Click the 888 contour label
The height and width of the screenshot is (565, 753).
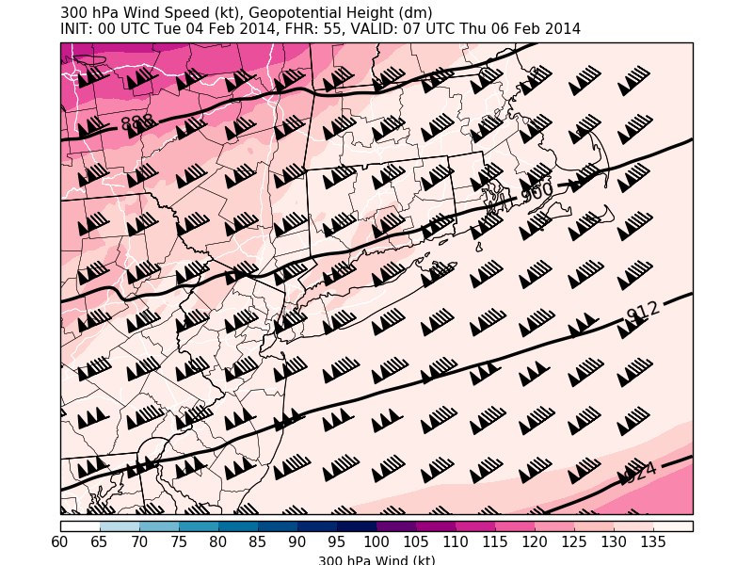pyautogui.click(x=137, y=123)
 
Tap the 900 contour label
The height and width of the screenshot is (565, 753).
pyautogui.click(x=537, y=191)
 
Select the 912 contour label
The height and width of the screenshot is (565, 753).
pyautogui.click(x=644, y=311)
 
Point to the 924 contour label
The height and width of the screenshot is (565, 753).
pyautogui.click(x=640, y=472)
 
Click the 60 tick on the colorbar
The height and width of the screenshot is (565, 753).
pyautogui.click(x=60, y=541)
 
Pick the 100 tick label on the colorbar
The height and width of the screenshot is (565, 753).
pyautogui.click(x=376, y=541)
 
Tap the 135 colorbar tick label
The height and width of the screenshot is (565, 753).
pyautogui.click(x=653, y=541)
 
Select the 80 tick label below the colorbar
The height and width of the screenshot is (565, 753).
pyautogui.click(x=218, y=541)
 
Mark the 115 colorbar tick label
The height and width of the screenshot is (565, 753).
pyautogui.click(x=495, y=541)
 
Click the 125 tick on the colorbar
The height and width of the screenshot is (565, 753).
pyautogui.click(x=574, y=541)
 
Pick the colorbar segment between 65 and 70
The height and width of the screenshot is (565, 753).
pyautogui.click(x=120, y=526)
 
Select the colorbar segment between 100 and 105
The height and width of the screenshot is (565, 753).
pyautogui.click(x=396, y=526)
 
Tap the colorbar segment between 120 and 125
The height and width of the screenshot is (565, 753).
pyautogui.click(x=554, y=526)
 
